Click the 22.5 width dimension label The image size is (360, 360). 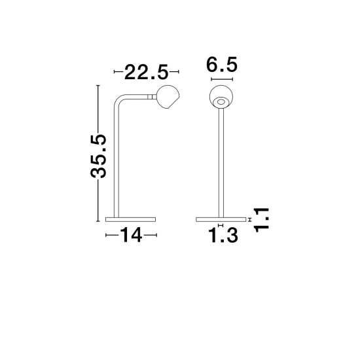point(146,72)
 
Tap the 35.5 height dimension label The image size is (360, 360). point(99,156)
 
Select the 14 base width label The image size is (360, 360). point(131,235)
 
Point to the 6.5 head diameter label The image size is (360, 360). point(221,65)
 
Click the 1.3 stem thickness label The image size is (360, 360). point(223,235)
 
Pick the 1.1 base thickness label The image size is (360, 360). point(261,220)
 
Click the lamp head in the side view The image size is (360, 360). point(168,97)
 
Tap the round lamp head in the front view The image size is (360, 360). point(221,96)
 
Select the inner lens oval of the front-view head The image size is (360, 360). point(221,101)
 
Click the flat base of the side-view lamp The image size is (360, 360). point(130,219)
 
